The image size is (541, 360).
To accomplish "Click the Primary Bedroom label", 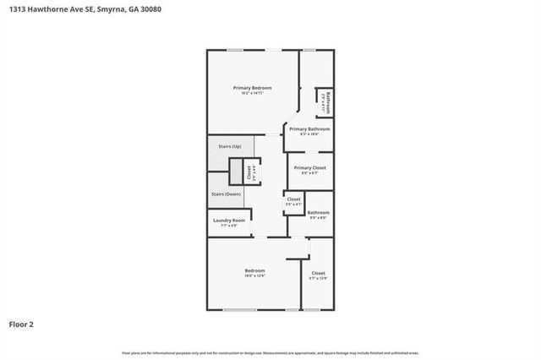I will click(x=253, y=88).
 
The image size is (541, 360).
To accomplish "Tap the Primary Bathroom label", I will click(x=309, y=129).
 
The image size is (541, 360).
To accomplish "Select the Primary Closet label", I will click(x=309, y=167).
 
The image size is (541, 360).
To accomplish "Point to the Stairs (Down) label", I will click(x=227, y=194).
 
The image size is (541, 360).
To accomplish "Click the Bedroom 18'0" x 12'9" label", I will click(x=254, y=272).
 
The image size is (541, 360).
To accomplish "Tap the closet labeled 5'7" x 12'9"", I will click(x=318, y=275).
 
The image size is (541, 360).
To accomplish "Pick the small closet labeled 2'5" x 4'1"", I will click(x=292, y=201).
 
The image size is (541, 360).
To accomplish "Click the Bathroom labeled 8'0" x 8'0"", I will click(x=318, y=214).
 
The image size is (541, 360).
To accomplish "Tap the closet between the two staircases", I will click(x=249, y=172).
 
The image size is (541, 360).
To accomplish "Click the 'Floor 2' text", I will click(x=21, y=324).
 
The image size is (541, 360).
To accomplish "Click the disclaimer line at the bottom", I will click(x=270, y=352).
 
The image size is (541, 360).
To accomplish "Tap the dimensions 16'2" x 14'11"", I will click(x=253, y=93).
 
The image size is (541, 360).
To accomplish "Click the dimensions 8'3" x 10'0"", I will click(x=309, y=134).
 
